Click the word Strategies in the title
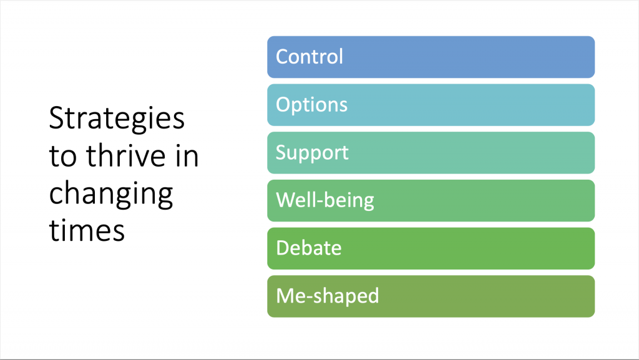click(116, 119)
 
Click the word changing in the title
click(110, 195)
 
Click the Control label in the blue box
click(310, 57)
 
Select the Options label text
click(311, 105)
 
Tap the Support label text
click(312, 153)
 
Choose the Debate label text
click(309, 248)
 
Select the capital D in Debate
click(282, 248)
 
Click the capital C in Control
click(282, 57)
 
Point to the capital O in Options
click(283, 104)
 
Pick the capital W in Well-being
click(286, 200)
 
